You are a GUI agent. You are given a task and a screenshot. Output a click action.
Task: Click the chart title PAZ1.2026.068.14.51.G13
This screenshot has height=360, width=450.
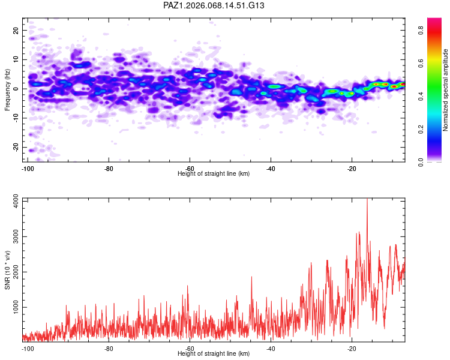(x=214, y=5)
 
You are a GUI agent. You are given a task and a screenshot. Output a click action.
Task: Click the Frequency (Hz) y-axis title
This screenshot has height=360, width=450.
(x=7, y=89)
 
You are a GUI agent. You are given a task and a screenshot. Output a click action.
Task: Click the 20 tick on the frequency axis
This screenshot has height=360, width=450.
(x=16, y=30)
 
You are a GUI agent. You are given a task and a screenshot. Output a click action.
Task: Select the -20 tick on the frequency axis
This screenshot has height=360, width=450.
(x=15, y=148)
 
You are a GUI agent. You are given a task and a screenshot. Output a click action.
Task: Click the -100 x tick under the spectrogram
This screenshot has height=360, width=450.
(x=27, y=169)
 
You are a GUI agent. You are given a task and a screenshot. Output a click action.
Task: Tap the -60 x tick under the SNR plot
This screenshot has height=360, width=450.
(x=190, y=349)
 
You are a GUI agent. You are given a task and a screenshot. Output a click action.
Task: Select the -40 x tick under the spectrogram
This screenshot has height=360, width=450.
(x=271, y=169)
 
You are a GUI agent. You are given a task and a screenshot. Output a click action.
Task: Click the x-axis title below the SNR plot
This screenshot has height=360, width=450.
(x=214, y=354)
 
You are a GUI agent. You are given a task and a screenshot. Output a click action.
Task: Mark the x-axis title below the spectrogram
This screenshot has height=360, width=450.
(x=214, y=174)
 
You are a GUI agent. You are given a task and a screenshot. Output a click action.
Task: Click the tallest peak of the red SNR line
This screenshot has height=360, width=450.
(x=367, y=200)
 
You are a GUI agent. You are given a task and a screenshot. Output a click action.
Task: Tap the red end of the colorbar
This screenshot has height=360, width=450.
(x=434, y=20)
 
